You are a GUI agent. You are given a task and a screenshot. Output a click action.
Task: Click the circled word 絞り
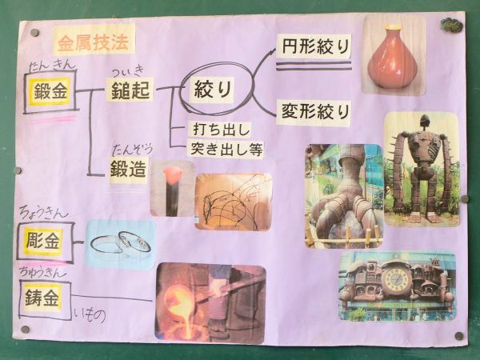(213, 89)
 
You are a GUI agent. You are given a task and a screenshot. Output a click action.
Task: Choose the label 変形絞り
(314, 110)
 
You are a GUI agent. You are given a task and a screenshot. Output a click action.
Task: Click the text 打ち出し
(222, 129)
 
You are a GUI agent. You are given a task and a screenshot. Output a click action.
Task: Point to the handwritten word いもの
(90, 315)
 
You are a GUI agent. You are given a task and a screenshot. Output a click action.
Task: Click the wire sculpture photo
(232, 202)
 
